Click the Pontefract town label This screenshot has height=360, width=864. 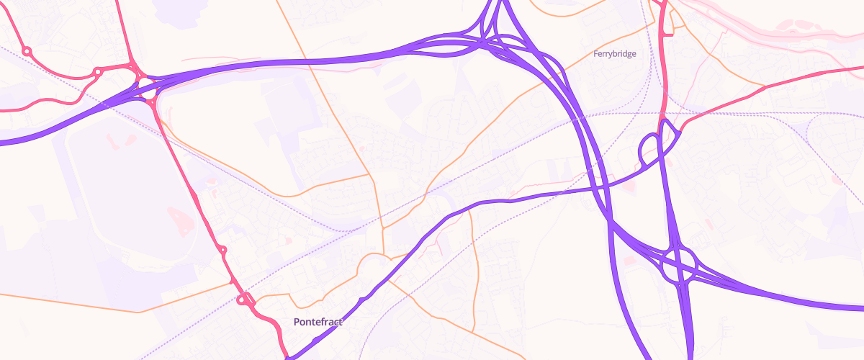pyautogui.click(x=318, y=322)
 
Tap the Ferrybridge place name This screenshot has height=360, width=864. pyautogui.click(x=614, y=54)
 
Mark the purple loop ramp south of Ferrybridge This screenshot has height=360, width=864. pyautogui.click(x=649, y=150)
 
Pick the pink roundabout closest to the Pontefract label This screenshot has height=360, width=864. pyautogui.click(x=245, y=300)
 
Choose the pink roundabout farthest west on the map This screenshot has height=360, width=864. pyautogui.click(x=27, y=51)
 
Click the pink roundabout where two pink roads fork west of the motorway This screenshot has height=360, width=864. pyautogui.click(x=97, y=72)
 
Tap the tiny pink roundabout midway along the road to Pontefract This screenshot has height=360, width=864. pyautogui.click(x=222, y=251)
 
